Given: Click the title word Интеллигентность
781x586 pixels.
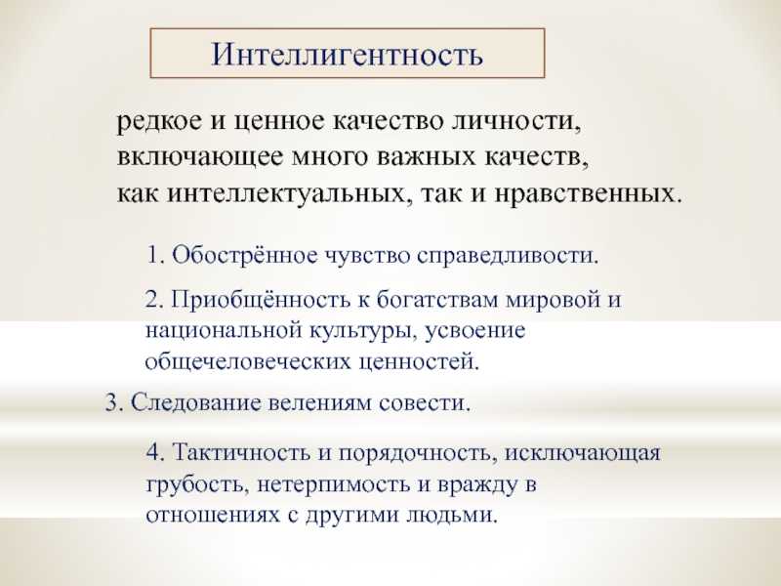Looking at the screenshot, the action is pyautogui.click(x=348, y=54).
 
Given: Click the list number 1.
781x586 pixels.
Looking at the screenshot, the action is pyautogui.click(x=154, y=256).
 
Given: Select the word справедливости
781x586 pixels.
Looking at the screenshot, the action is pyautogui.click(x=507, y=256).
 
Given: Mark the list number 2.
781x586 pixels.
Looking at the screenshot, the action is pyautogui.click(x=154, y=301).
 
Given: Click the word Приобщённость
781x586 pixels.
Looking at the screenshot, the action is pyautogui.click(x=260, y=301).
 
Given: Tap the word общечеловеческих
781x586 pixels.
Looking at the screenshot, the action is pyautogui.click(x=247, y=362).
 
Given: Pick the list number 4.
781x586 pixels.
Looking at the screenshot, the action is pyautogui.click(x=154, y=453).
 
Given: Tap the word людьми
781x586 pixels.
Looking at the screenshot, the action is pyautogui.click(x=452, y=515).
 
